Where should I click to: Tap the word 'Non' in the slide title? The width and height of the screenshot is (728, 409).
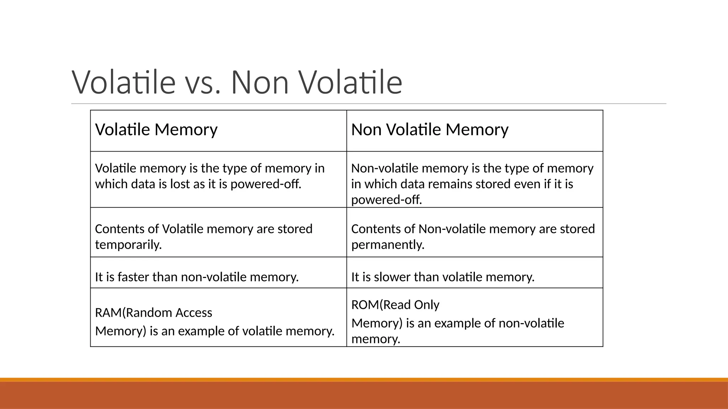(259, 82)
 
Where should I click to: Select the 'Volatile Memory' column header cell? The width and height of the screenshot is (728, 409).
(218, 131)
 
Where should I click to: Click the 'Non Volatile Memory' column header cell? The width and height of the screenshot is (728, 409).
(475, 131)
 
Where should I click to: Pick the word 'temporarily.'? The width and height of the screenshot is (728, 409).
(128, 245)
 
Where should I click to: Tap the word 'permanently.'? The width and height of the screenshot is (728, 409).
(388, 245)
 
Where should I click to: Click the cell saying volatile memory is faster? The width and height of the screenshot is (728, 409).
(218, 273)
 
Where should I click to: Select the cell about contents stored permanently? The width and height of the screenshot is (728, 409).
(475, 232)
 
